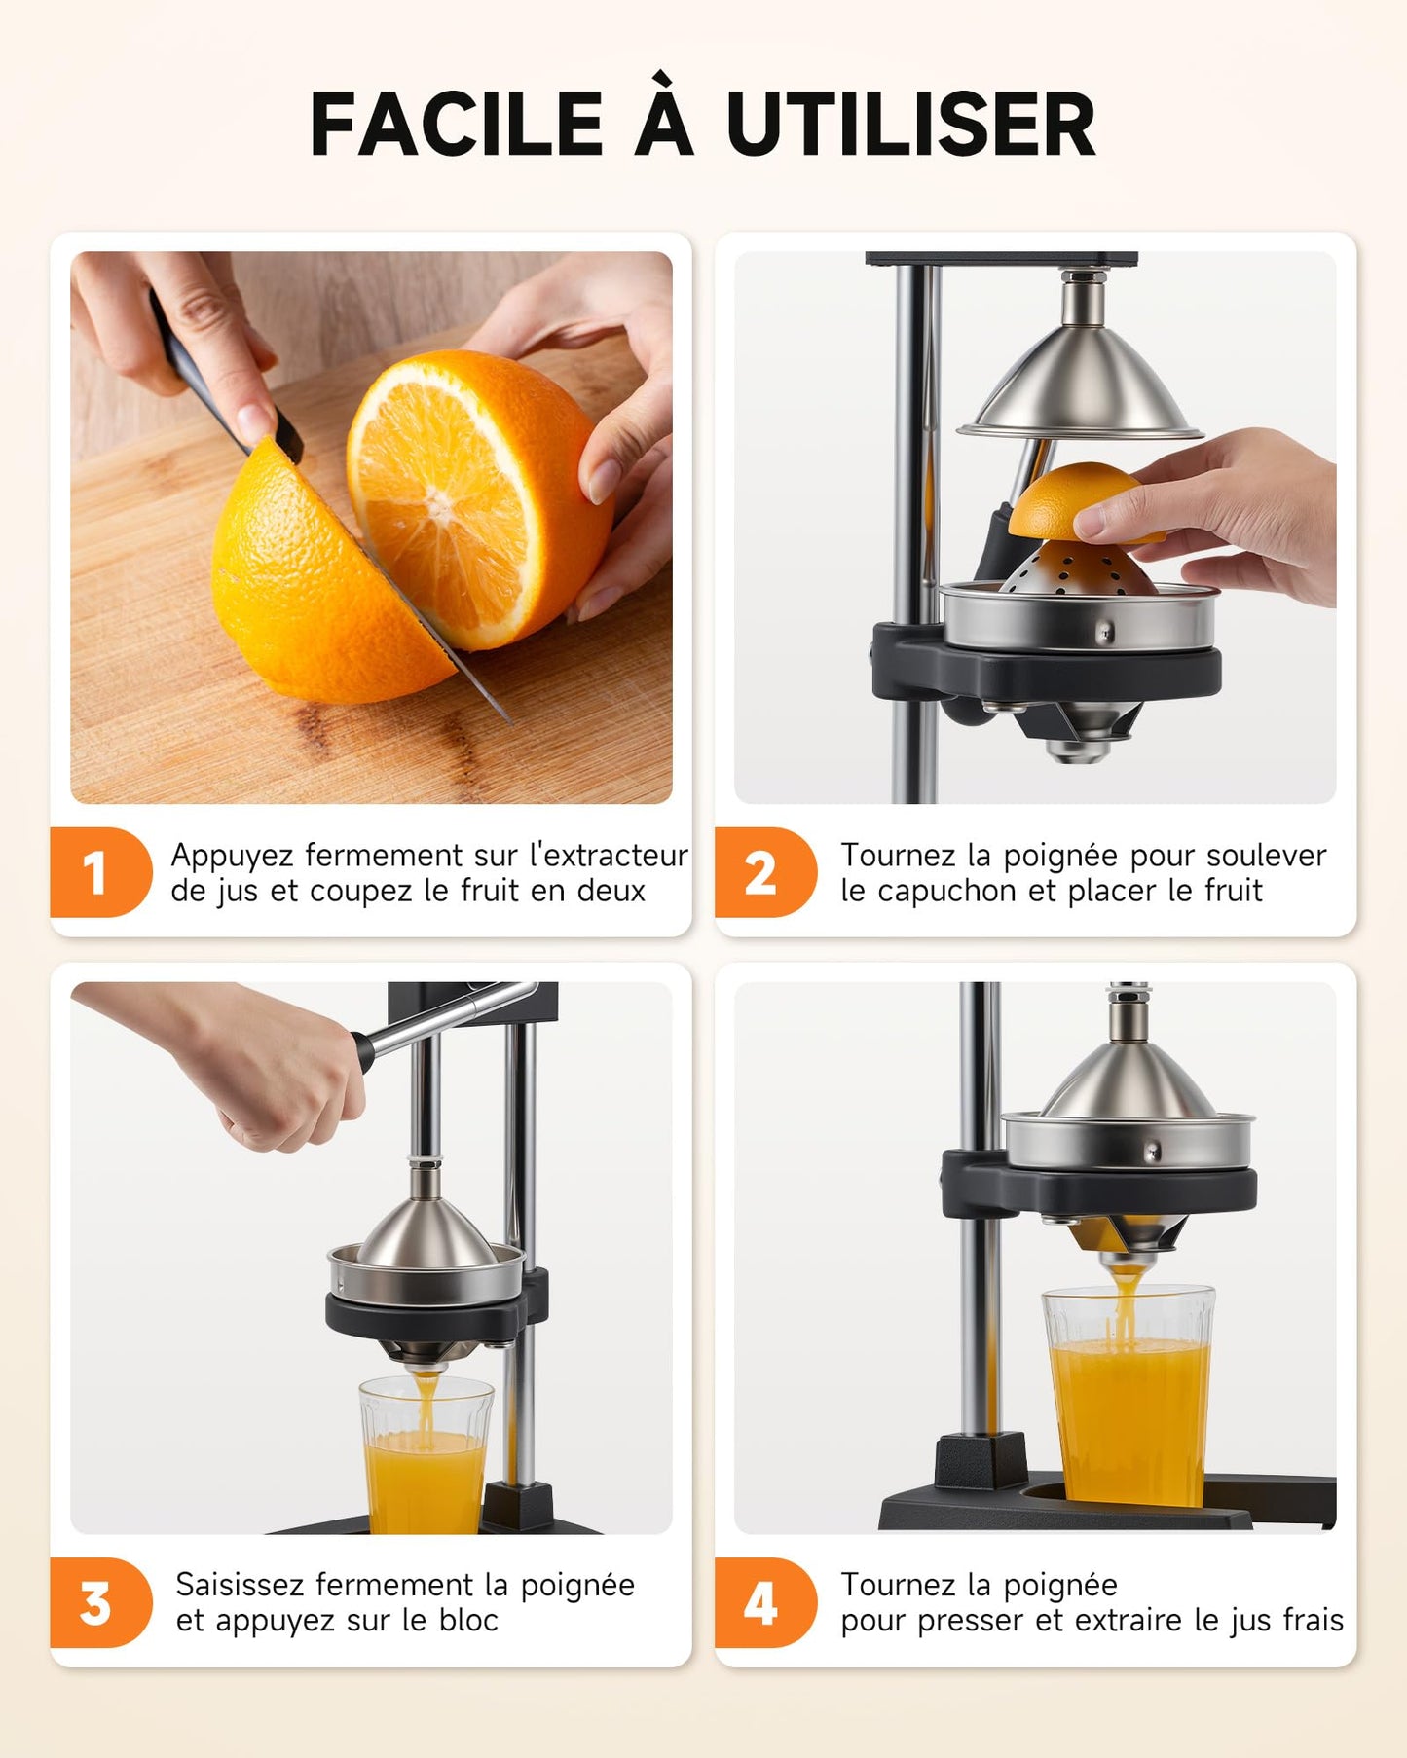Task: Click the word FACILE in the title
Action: coord(457,125)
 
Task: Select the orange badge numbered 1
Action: coord(97,872)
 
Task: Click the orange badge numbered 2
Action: coord(762,872)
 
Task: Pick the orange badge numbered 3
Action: coord(97,1603)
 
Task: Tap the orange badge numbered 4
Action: coord(762,1603)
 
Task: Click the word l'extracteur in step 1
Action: coord(609,856)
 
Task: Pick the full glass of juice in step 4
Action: coord(1129,1402)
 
